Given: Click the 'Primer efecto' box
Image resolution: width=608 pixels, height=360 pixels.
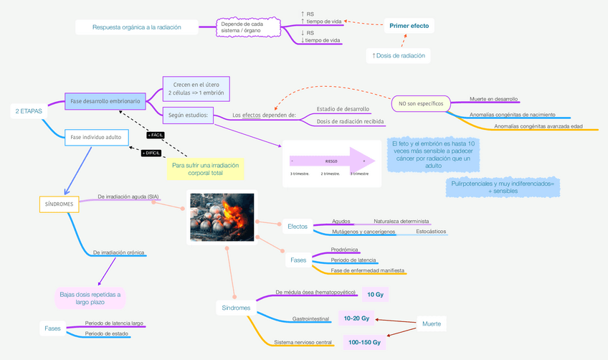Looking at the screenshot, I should (409, 26).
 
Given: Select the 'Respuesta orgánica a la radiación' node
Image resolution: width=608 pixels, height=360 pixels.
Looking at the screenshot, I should (136, 27).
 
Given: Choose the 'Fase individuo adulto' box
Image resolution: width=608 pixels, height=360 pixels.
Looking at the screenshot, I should (96, 136).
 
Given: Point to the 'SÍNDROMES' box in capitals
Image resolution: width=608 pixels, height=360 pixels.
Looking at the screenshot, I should (59, 204).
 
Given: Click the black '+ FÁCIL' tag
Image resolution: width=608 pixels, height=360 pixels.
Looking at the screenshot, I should (156, 135).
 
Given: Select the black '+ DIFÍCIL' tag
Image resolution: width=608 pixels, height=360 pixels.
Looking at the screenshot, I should (151, 153).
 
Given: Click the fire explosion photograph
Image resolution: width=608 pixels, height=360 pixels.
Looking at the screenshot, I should (222, 217).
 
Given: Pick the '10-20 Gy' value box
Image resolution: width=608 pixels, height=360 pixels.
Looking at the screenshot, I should (356, 318).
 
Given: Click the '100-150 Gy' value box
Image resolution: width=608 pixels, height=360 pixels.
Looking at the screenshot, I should (365, 343).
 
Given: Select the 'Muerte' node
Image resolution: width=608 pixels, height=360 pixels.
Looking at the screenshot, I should (432, 323).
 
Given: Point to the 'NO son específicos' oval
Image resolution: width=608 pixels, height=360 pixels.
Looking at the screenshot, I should (421, 104).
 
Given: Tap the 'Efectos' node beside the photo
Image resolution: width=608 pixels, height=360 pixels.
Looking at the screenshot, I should (298, 227).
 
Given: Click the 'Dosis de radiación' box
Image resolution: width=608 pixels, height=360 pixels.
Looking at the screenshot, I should (398, 55).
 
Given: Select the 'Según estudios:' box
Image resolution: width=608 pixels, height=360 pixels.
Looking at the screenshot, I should (189, 114).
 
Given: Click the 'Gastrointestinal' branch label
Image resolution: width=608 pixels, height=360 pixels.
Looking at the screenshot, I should (310, 318).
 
